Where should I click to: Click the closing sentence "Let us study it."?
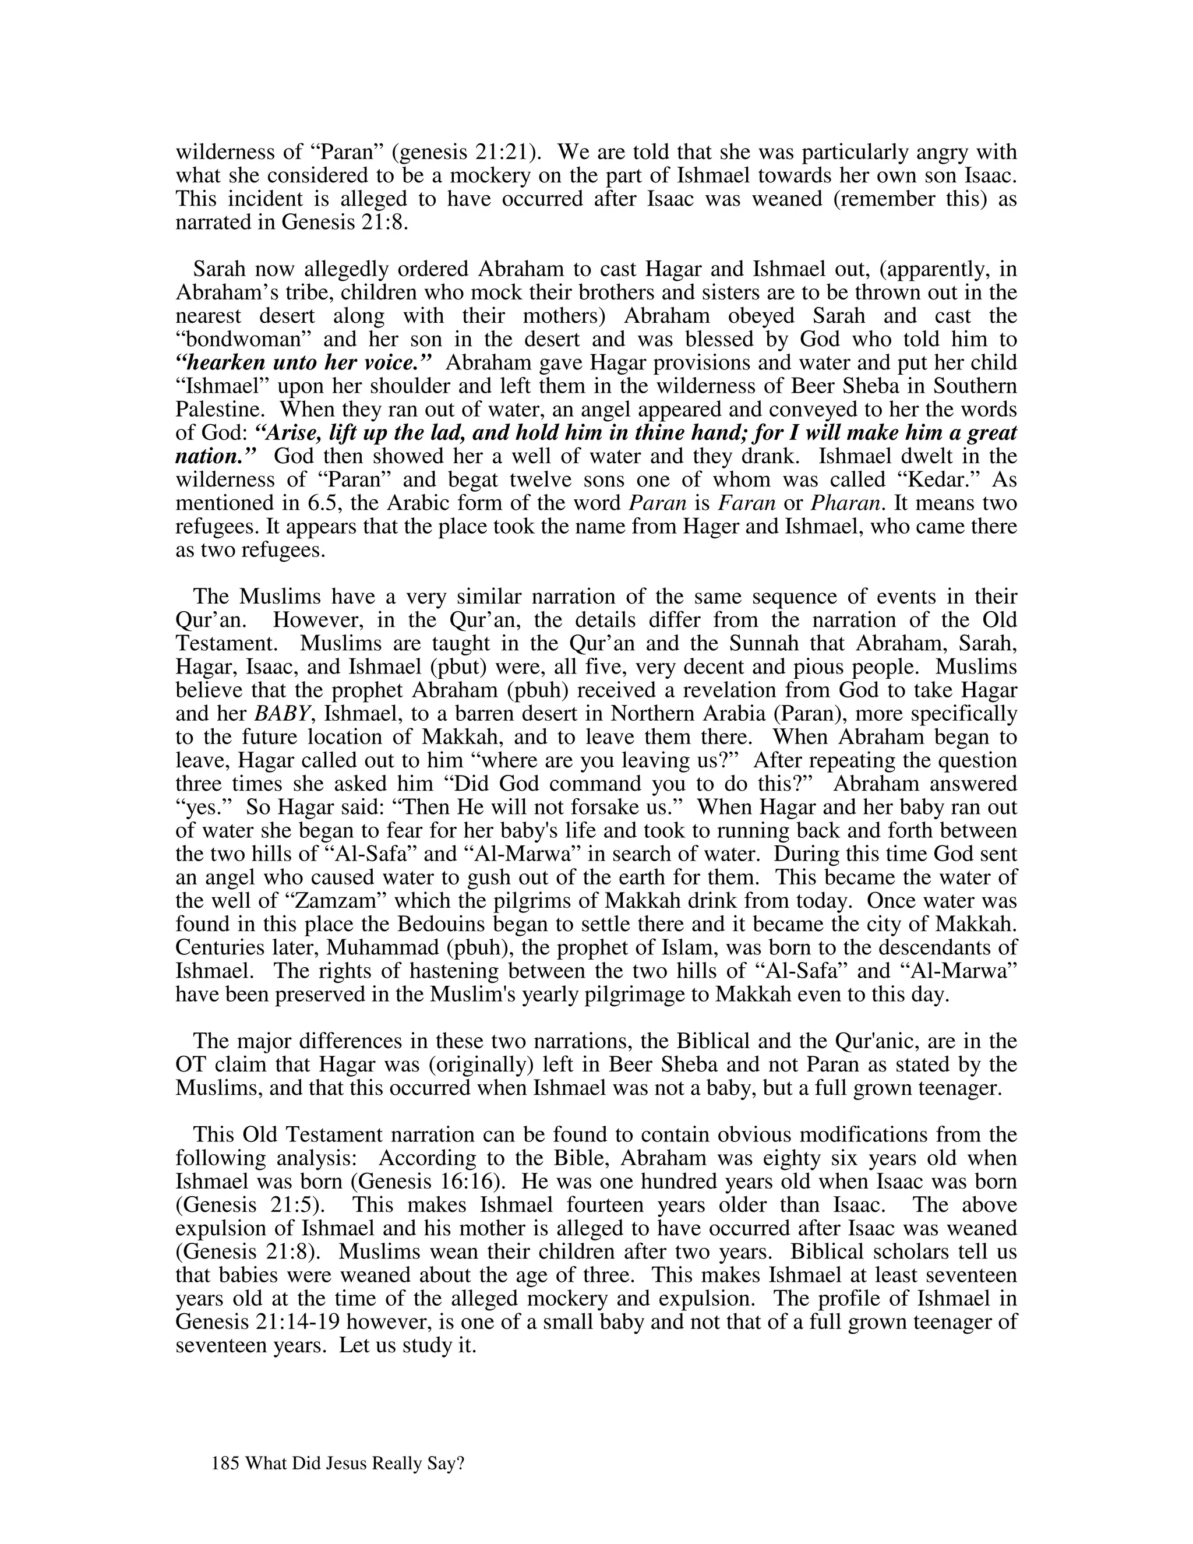(x=408, y=1345)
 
